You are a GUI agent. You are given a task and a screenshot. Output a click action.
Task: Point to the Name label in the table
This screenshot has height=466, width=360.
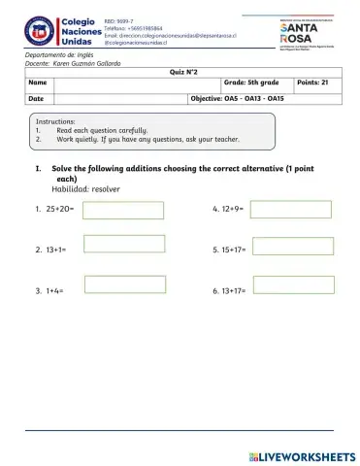coord(38,84)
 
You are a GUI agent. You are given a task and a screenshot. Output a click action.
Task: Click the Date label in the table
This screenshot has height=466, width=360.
coord(36,99)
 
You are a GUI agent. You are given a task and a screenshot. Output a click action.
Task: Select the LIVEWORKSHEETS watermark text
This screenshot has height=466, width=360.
coord(304,455)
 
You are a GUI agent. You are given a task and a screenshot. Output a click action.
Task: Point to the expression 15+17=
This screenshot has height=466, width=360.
coord(229,250)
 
